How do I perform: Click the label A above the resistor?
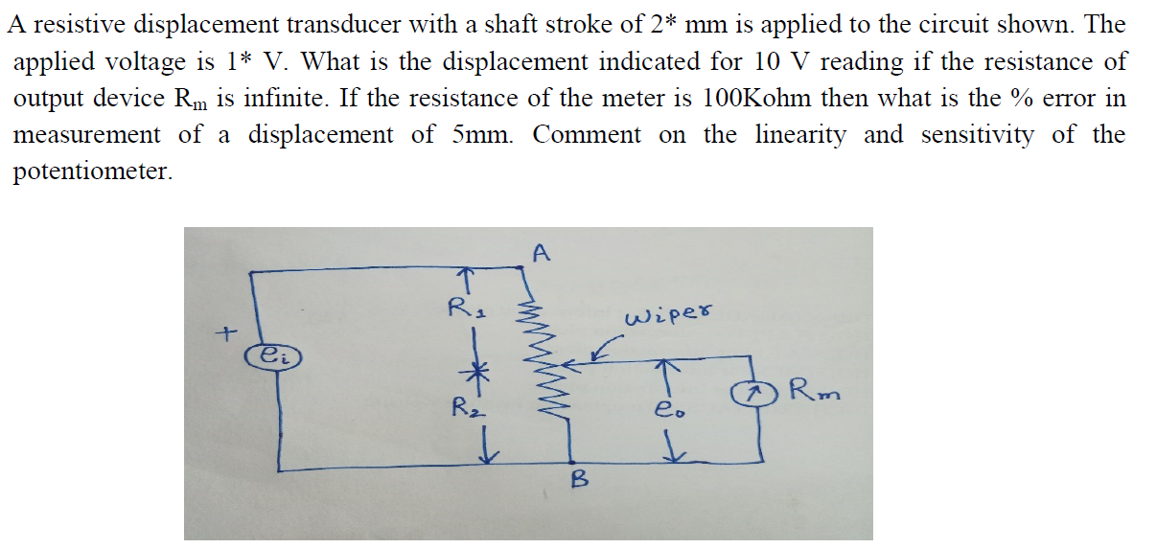tap(541, 254)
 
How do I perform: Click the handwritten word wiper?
tap(669, 317)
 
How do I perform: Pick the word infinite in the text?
tap(292, 99)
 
